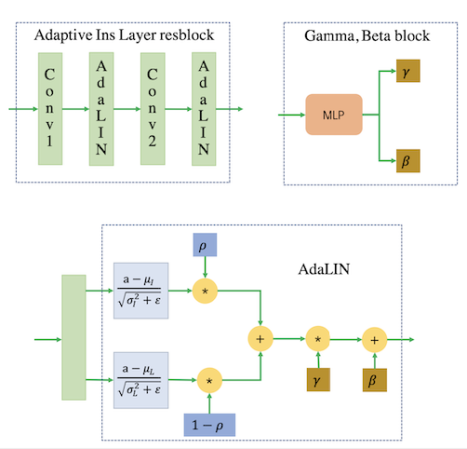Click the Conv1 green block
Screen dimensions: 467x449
[x=50, y=109]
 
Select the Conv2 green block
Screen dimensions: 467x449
[x=153, y=109]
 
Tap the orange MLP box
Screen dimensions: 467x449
[x=334, y=115]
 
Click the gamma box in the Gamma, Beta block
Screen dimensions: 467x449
[x=408, y=71]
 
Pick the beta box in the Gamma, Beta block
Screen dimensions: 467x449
[x=408, y=161]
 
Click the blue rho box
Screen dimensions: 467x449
[x=205, y=245]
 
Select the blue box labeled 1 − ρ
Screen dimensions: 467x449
[x=209, y=425]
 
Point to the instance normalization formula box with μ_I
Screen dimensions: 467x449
[x=141, y=291]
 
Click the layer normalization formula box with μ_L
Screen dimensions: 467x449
[x=141, y=380]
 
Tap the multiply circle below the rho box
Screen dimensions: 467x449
[x=205, y=292]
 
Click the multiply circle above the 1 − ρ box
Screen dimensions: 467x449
[x=209, y=381]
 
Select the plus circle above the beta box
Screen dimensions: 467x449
[x=375, y=340]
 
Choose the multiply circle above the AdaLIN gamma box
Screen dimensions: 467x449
[x=318, y=339]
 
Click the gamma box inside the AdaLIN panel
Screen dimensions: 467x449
[x=318, y=380]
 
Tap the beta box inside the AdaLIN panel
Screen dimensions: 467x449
[x=375, y=380]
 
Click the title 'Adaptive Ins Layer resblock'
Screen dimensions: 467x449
[x=124, y=35]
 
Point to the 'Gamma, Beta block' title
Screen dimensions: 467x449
[x=367, y=35]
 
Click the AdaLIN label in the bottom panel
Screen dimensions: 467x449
[x=324, y=269]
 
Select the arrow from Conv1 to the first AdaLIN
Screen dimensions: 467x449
[x=75, y=109]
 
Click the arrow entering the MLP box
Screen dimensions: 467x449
[x=292, y=115]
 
